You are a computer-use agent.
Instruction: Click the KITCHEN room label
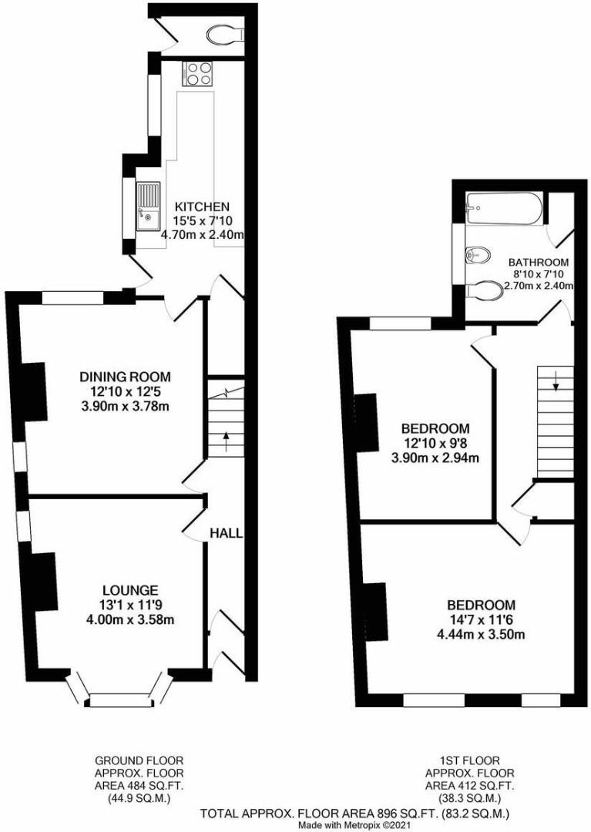(202, 206)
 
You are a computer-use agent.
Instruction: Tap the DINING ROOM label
(125, 377)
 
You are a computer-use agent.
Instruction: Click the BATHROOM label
(538, 262)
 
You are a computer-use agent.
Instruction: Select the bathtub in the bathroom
(504, 205)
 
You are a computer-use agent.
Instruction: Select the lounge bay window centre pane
(119, 699)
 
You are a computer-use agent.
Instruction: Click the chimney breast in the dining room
(35, 392)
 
